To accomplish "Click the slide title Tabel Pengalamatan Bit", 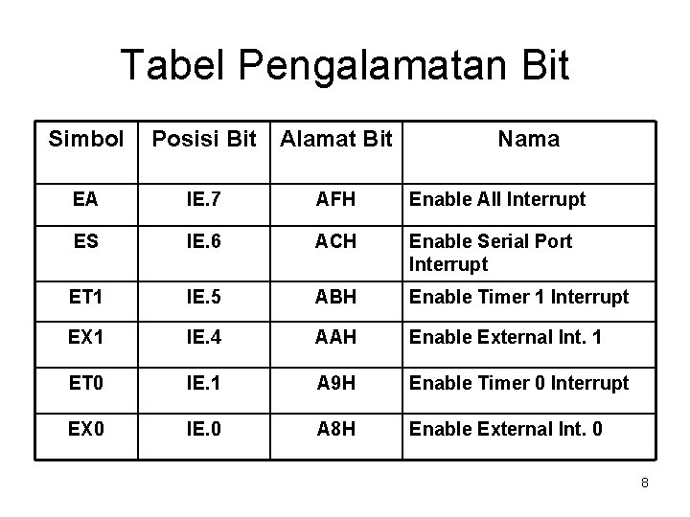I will [x=345, y=67].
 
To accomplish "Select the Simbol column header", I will [x=86, y=140].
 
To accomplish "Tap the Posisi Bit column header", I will [x=205, y=140].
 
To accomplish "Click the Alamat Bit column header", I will [x=334, y=140].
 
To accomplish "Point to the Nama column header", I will [x=528, y=140].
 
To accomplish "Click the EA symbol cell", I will [x=84, y=200].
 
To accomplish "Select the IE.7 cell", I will [x=203, y=200].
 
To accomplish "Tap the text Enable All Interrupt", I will [x=497, y=200].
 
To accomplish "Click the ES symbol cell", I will [x=84, y=241].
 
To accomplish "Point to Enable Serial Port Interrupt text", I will [x=491, y=253].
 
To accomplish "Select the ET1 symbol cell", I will [x=84, y=297].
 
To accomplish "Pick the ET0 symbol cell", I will [x=84, y=383].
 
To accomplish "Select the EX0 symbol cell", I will [x=84, y=428].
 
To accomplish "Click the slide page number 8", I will [x=645, y=483].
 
